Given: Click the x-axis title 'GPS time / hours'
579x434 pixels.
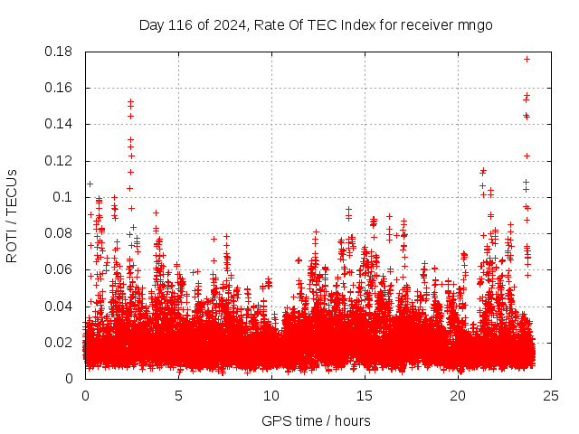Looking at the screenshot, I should click(316, 420).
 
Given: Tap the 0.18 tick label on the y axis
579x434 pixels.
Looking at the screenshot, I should click(60, 52).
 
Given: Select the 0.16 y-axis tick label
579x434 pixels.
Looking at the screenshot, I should click(60, 88).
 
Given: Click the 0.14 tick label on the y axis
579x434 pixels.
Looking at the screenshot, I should click(60, 124).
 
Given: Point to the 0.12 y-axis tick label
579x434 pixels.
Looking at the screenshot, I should click(60, 161).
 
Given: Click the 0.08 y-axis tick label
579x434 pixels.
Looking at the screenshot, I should click(60, 233).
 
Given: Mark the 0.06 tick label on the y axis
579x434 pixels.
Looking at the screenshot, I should click(60, 269).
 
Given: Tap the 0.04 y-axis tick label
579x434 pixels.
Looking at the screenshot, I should click(60, 306).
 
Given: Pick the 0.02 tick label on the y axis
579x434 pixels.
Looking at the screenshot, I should click(60, 342).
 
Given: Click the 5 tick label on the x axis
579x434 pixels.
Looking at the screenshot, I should click(178, 395).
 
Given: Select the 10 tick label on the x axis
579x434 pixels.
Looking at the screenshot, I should click(271, 395).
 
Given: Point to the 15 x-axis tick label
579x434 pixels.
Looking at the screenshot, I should click(365, 395).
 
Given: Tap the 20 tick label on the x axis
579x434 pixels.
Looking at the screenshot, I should click(458, 395).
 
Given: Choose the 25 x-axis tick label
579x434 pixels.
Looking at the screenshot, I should click(551, 395).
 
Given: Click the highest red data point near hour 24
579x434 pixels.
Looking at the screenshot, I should click(527, 59).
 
